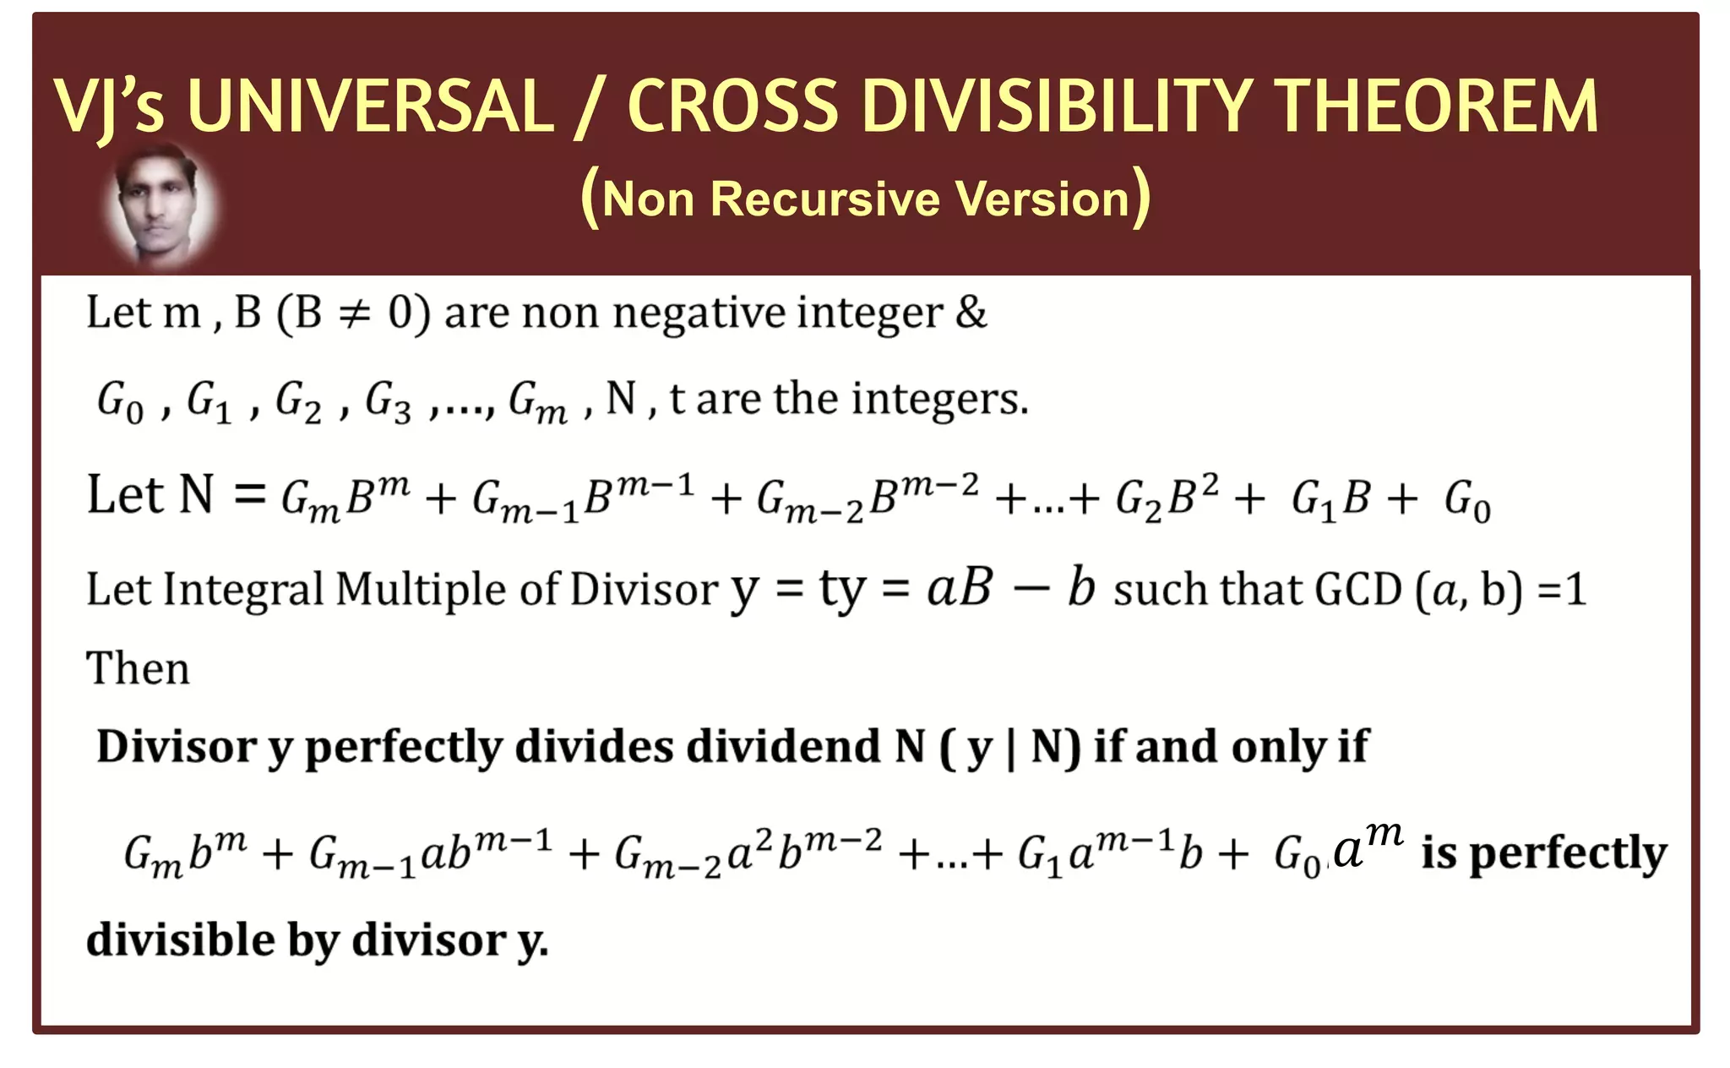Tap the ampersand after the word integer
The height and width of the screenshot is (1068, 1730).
971,312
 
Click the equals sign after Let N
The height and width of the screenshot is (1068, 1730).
250,495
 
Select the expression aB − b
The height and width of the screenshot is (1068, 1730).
1010,587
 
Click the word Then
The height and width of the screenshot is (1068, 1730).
138,668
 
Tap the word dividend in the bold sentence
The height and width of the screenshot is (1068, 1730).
783,747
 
